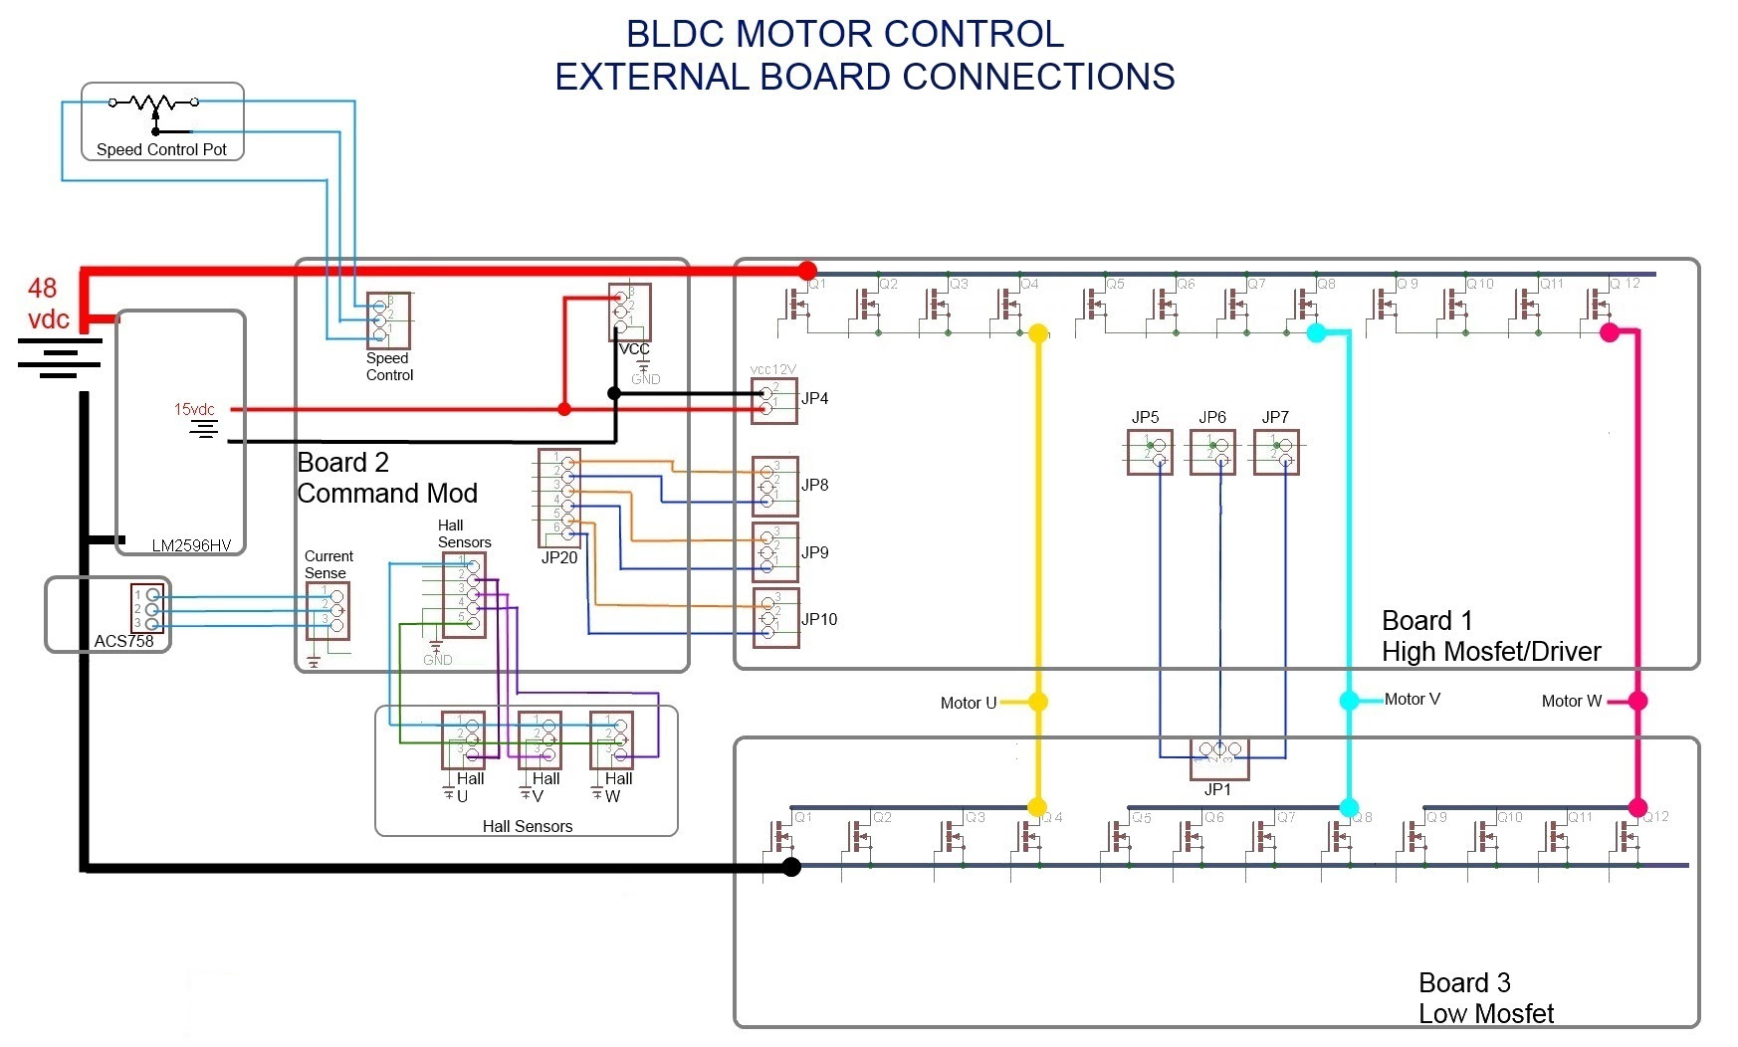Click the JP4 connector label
click(814, 398)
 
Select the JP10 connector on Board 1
click(775, 618)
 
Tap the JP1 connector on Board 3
click(1219, 757)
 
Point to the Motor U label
click(968, 703)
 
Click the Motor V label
click(1412, 700)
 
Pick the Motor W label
click(1571, 701)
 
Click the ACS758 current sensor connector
click(148, 609)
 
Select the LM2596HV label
click(191, 545)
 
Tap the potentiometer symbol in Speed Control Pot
click(153, 104)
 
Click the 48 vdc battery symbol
click(60, 358)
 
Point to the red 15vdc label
click(194, 409)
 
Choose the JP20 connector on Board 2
click(559, 498)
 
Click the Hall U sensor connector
click(463, 739)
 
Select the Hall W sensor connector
click(611, 739)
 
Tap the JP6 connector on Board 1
click(1212, 452)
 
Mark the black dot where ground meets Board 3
click(791, 867)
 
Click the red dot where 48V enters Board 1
click(807, 271)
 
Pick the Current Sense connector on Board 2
click(327, 610)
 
